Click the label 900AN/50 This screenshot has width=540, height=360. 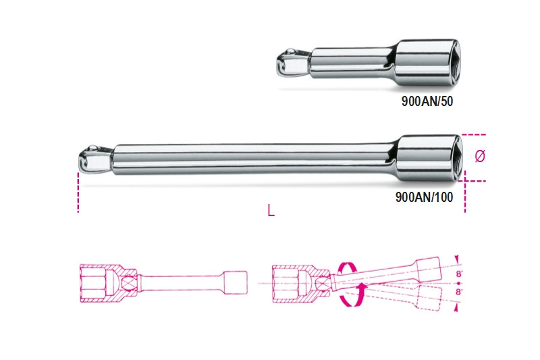427,101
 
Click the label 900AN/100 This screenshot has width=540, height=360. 425,197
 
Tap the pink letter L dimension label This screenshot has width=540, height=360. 271,210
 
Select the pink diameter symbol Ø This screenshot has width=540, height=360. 480,156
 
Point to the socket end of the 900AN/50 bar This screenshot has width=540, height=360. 427,62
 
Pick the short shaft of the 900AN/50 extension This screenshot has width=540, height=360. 351,63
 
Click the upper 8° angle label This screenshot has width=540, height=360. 459,274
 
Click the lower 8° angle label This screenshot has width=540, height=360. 459,292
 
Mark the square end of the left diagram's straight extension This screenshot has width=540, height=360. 236,283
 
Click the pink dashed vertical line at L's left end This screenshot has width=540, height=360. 78,192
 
